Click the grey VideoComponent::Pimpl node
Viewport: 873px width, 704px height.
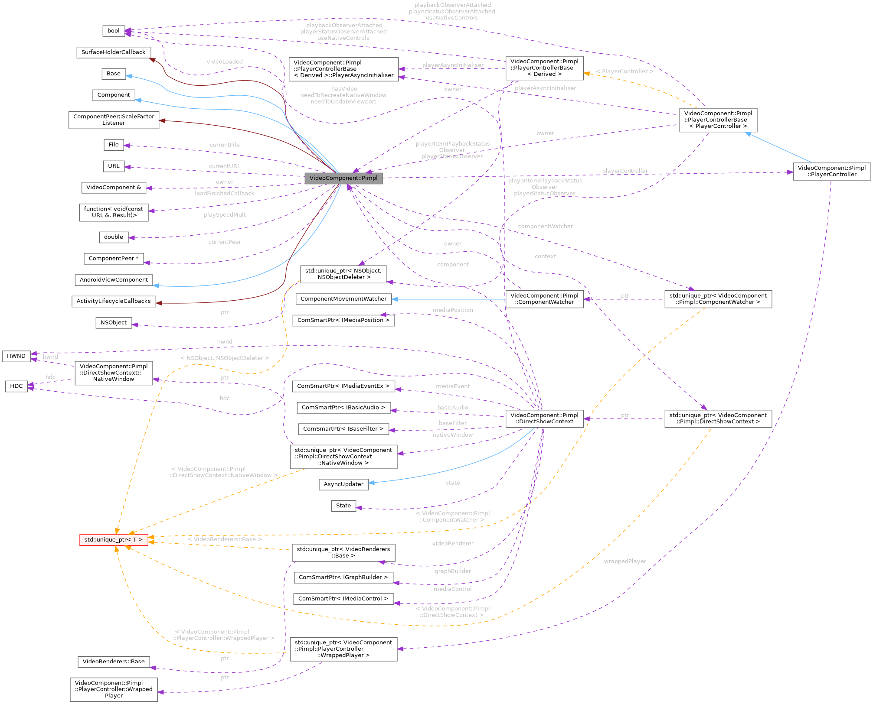pyautogui.click(x=343, y=178)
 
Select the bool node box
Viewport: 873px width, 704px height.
pyautogui.click(x=114, y=31)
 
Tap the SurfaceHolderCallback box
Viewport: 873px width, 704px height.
pyautogui.click(x=114, y=52)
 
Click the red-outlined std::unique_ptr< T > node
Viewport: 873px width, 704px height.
pyautogui.click(x=114, y=540)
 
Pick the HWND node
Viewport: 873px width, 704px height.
pyautogui.click(x=16, y=356)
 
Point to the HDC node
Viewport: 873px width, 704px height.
pyautogui.click(x=16, y=386)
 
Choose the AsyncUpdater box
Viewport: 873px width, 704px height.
pyautogui.click(x=343, y=484)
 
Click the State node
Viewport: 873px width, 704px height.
pyautogui.click(x=343, y=506)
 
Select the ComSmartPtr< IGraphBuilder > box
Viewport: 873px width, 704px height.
pyautogui.click(x=343, y=577)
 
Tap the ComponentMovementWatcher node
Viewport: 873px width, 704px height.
pyautogui.click(x=343, y=299)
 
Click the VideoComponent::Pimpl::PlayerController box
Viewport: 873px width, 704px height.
pyautogui.click(x=831, y=171)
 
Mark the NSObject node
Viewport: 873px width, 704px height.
pyautogui.click(x=114, y=323)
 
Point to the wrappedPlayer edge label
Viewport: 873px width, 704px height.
pyautogui.click(x=625, y=561)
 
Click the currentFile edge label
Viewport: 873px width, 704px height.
pyautogui.click(x=225, y=145)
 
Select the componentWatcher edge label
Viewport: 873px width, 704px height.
pyautogui.click(x=545, y=226)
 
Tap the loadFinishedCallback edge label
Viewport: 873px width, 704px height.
pyautogui.click(x=225, y=193)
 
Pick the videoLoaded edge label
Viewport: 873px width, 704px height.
pyautogui.click(x=225, y=62)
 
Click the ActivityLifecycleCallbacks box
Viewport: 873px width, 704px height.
pyautogui.click(x=114, y=301)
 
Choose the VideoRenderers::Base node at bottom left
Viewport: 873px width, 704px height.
pyautogui.click(x=114, y=662)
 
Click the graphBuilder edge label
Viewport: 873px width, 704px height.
pyautogui.click(x=453, y=571)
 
